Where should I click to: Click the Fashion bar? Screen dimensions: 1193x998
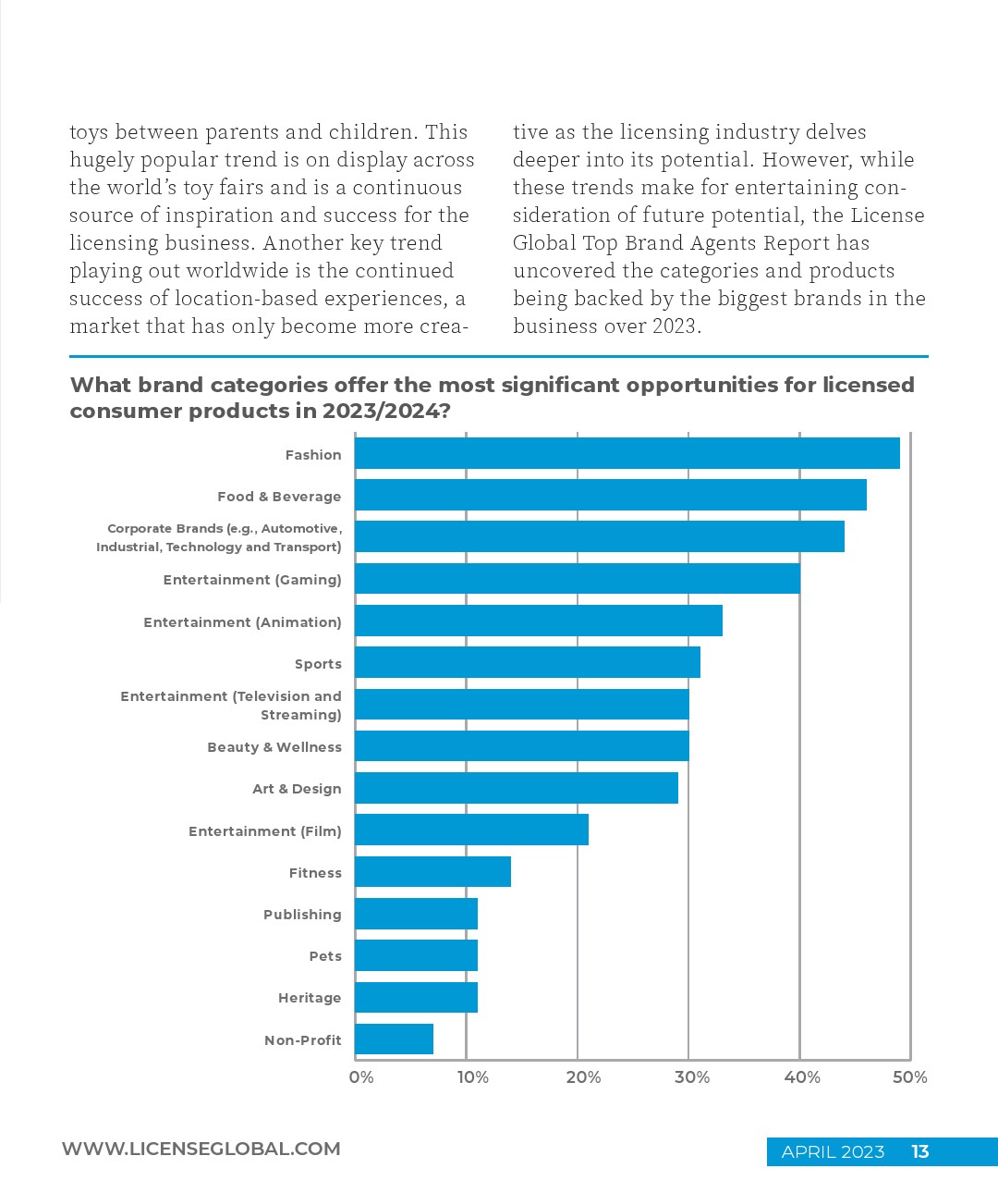coord(627,453)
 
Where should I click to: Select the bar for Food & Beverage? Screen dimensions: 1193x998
coord(610,495)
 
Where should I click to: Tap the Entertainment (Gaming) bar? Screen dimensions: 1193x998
coord(577,579)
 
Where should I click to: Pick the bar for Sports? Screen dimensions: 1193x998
coord(527,662)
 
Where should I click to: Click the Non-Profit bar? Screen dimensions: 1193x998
coord(394,1039)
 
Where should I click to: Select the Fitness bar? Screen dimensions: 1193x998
coord(432,871)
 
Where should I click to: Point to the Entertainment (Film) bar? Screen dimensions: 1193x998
coord(471,830)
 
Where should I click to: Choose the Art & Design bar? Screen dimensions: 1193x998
coord(516,788)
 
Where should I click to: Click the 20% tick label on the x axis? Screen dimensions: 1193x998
coord(583,1077)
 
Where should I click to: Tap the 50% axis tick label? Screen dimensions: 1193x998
coord(910,1077)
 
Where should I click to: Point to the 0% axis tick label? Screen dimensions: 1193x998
coord(361,1077)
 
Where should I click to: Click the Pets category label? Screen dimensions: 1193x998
coord(325,956)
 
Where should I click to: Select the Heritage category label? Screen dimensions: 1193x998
coord(310,998)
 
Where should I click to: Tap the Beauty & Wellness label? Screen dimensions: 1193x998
coord(274,747)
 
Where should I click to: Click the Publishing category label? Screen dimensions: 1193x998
coord(302,915)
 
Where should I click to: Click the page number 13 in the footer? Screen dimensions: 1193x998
coord(919,1151)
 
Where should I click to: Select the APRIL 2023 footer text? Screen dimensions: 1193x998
coord(833,1151)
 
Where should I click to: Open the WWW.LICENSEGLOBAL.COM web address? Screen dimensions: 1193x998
coord(201,1149)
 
